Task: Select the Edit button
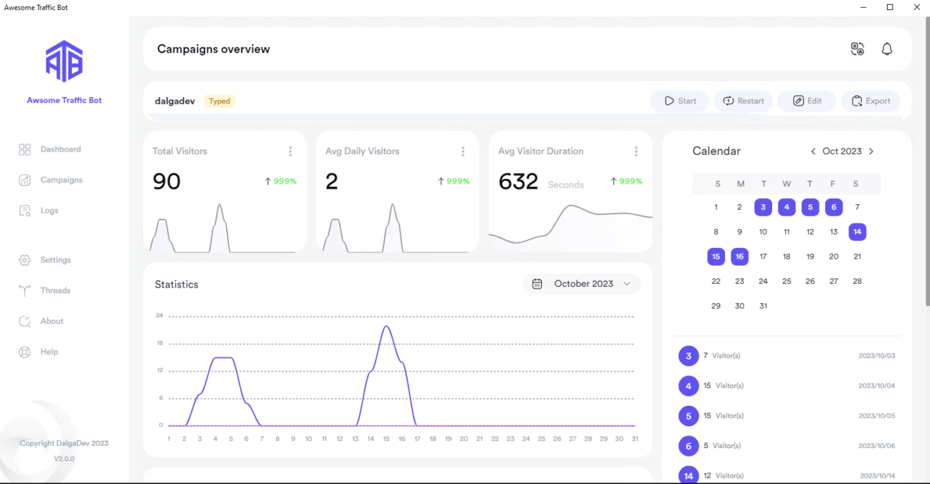click(x=807, y=101)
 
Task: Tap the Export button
click(x=871, y=101)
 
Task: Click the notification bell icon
click(x=887, y=49)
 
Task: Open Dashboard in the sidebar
click(x=60, y=149)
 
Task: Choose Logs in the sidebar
click(x=49, y=211)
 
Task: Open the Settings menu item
click(x=55, y=260)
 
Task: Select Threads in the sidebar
click(x=55, y=290)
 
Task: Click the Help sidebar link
click(x=49, y=352)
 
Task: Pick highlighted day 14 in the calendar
click(x=857, y=232)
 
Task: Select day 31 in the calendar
click(x=763, y=306)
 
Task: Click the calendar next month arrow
click(x=872, y=151)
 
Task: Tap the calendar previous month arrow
click(x=813, y=151)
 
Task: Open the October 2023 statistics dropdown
click(x=582, y=284)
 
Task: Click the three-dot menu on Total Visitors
click(x=290, y=151)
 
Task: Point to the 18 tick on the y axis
click(x=160, y=343)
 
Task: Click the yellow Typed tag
click(x=219, y=101)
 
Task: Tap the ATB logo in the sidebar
click(x=64, y=61)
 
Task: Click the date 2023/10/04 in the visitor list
click(x=876, y=386)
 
